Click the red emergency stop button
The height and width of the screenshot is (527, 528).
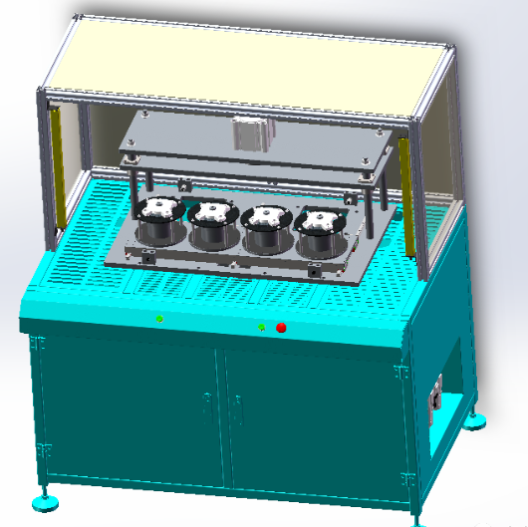(x=281, y=326)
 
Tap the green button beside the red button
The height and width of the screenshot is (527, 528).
(x=261, y=326)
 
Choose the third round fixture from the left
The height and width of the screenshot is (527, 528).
(x=267, y=227)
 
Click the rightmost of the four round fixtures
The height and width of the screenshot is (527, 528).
(x=323, y=230)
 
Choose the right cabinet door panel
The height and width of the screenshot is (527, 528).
(x=314, y=423)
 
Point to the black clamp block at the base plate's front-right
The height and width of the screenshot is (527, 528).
(x=314, y=269)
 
